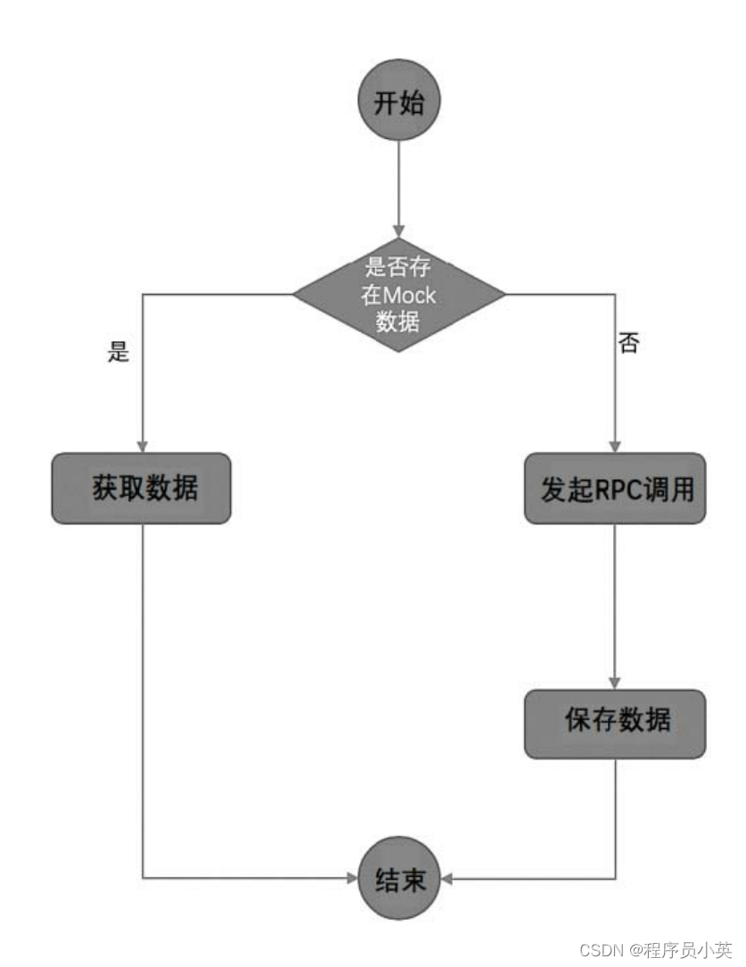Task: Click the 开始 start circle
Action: coord(398,102)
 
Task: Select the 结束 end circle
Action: coord(398,881)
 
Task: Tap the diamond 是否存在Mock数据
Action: coord(398,295)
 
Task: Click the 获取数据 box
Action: coord(142,488)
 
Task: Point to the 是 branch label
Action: coord(118,353)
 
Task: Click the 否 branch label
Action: coord(628,344)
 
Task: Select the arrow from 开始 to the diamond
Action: coord(398,187)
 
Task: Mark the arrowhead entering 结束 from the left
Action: coord(351,879)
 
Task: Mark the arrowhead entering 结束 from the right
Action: coord(447,879)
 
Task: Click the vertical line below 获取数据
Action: coord(143,695)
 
